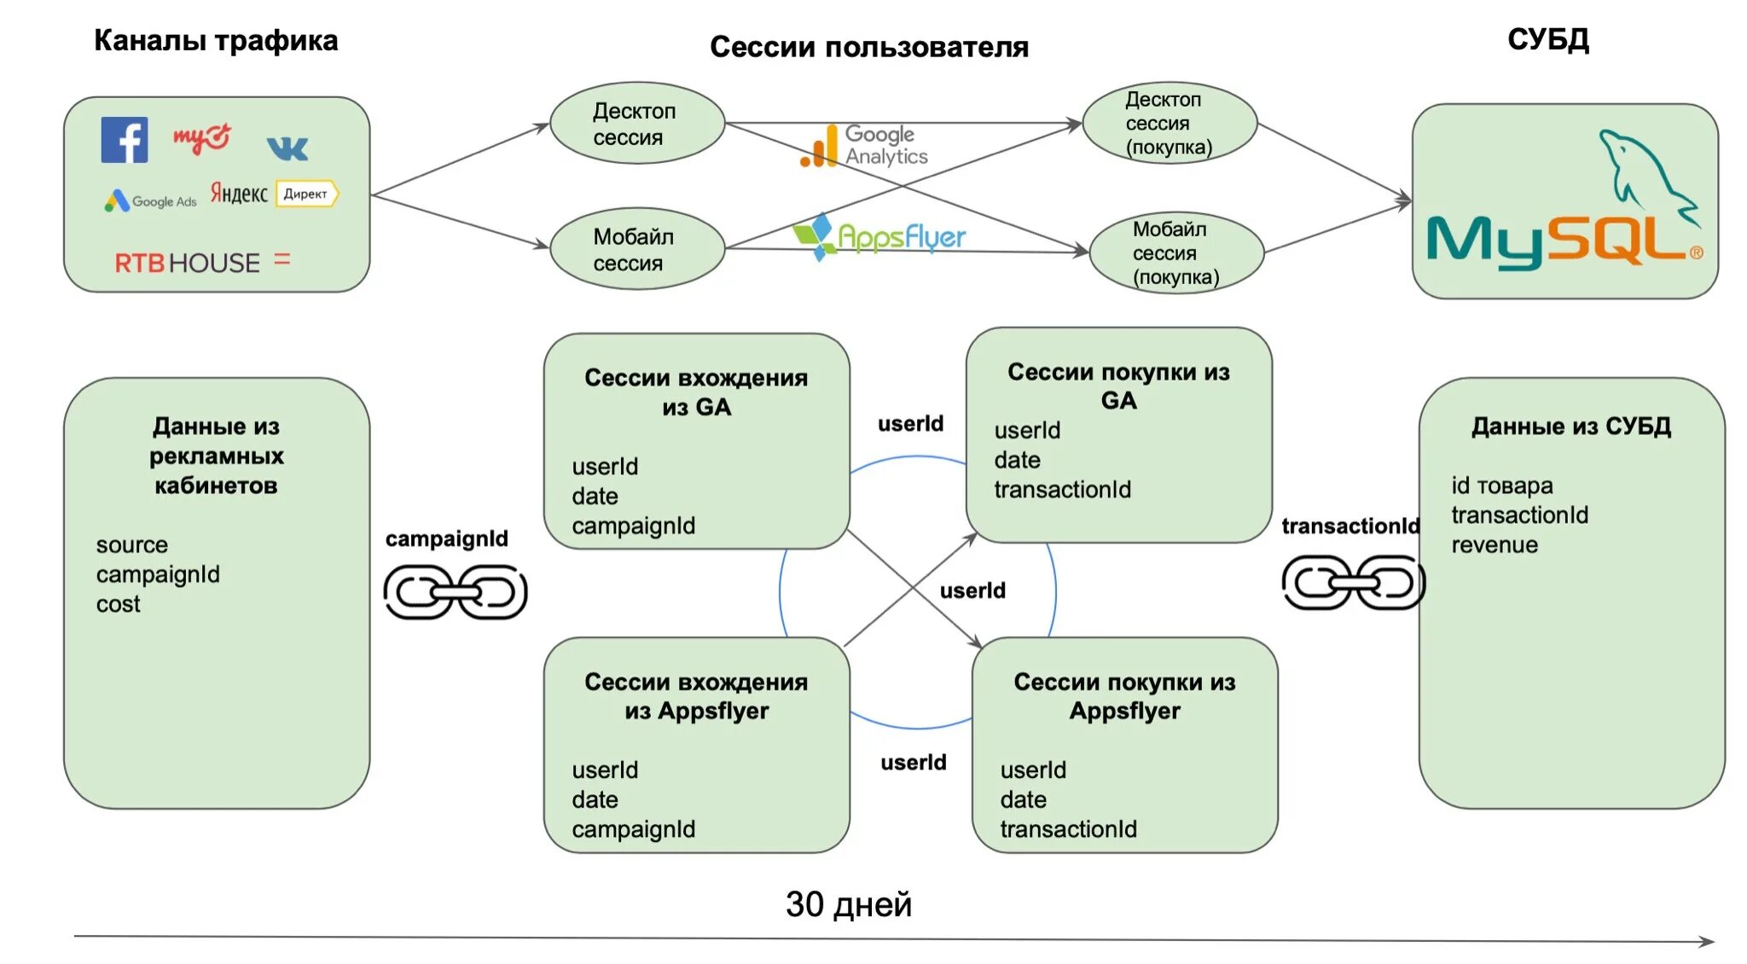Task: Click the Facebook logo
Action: click(125, 140)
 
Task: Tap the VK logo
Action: click(287, 148)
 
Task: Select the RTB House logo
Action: click(188, 263)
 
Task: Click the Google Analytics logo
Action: click(864, 146)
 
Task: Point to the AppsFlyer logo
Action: click(879, 236)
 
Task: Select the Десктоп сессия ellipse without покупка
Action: click(636, 124)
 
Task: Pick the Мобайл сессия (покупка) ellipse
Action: click(1176, 253)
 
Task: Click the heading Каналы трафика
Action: click(216, 40)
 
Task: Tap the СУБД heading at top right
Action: click(1547, 39)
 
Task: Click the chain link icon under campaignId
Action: click(456, 592)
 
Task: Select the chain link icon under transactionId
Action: click(1353, 583)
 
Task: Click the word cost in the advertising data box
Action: click(118, 604)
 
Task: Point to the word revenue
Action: click(1495, 545)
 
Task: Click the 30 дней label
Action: click(849, 904)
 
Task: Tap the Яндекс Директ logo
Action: click(274, 194)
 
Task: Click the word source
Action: click(131, 544)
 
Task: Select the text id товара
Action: click(1501, 485)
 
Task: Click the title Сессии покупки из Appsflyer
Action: click(1124, 696)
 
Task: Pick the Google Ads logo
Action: click(151, 201)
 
